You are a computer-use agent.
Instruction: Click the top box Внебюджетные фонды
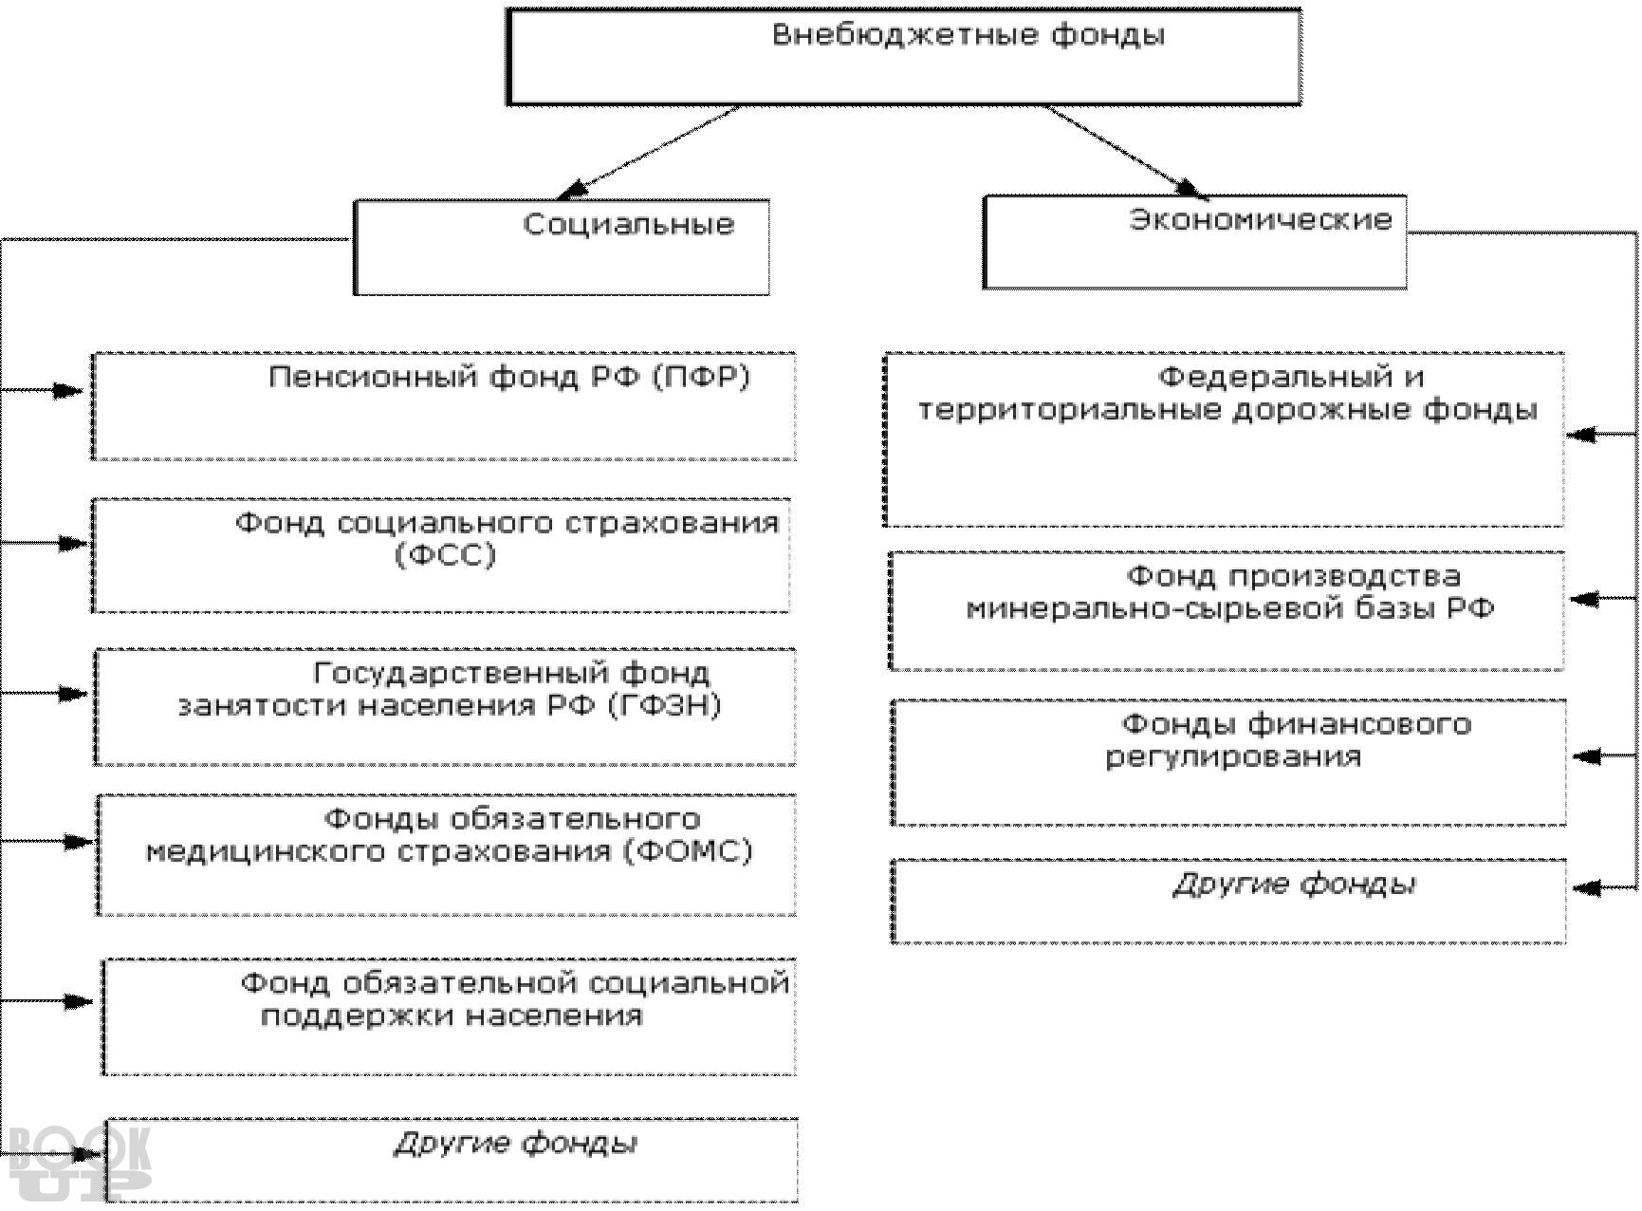(x=903, y=57)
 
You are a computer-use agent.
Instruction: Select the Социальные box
(x=562, y=247)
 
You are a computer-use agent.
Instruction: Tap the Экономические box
(x=1195, y=243)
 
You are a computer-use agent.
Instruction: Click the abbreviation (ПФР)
(x=701, y=378)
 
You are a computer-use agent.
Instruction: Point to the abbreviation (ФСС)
(x=445, y=555)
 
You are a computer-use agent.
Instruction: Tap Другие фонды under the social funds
(x=515, y=1145)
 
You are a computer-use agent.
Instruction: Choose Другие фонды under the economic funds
(x=1295, y=885)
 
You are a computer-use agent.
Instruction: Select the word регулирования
(x=1233, y=757)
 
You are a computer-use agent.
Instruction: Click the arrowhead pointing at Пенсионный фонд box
(x=68, y=390)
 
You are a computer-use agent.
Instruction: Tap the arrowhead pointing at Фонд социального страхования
(x=72, y=544)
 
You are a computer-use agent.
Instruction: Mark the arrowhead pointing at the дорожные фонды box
(x=1582, y=436)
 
